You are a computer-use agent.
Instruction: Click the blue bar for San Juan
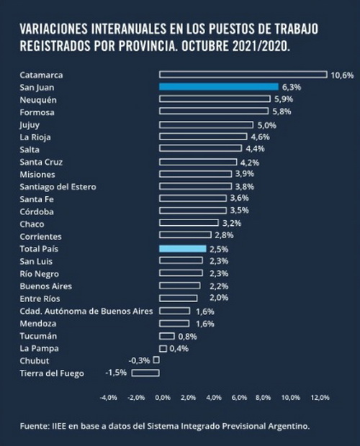[x=219, y=87]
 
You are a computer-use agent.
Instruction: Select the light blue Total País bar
[x=183, y=249]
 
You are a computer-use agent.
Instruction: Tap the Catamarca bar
[x=243, y=75]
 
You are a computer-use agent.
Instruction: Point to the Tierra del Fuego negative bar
[x=145, y=373]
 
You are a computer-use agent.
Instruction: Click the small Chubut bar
[x=156, y=360]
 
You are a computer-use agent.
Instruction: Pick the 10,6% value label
[x=342, y=76]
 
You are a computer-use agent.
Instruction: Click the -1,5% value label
[x=116, y=373]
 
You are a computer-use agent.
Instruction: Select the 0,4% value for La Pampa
[x=179, y=348]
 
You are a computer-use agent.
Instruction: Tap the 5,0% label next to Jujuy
[x=266, y=125]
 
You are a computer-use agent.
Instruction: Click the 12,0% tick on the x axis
[x=320, y=397]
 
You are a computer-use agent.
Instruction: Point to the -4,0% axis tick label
[x=109, y=397]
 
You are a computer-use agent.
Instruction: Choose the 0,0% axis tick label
[x=163, y=397]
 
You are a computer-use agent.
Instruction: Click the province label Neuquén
[x=38, y=100]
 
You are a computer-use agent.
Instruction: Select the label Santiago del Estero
[x=58, y=187]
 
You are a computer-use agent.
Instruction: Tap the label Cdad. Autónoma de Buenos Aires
[x=86, y=311]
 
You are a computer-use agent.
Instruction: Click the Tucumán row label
[x=38, y=336]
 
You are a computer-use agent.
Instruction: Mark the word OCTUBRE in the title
[x=205, y=46]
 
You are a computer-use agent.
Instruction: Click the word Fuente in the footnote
[x=33, y=426]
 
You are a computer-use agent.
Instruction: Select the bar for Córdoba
[x=193, y=211]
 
